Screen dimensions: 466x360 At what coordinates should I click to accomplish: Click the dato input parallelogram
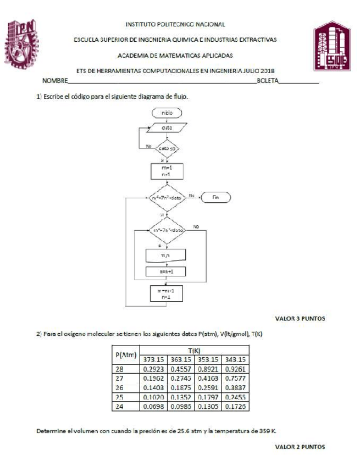167,127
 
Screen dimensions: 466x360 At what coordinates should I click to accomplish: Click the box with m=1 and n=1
167,170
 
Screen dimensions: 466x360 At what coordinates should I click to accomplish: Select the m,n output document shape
166,256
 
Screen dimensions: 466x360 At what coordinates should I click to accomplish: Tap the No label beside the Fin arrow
192,195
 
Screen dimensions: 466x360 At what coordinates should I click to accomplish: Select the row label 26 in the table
120,387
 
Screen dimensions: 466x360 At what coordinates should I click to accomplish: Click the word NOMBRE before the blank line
56,81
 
